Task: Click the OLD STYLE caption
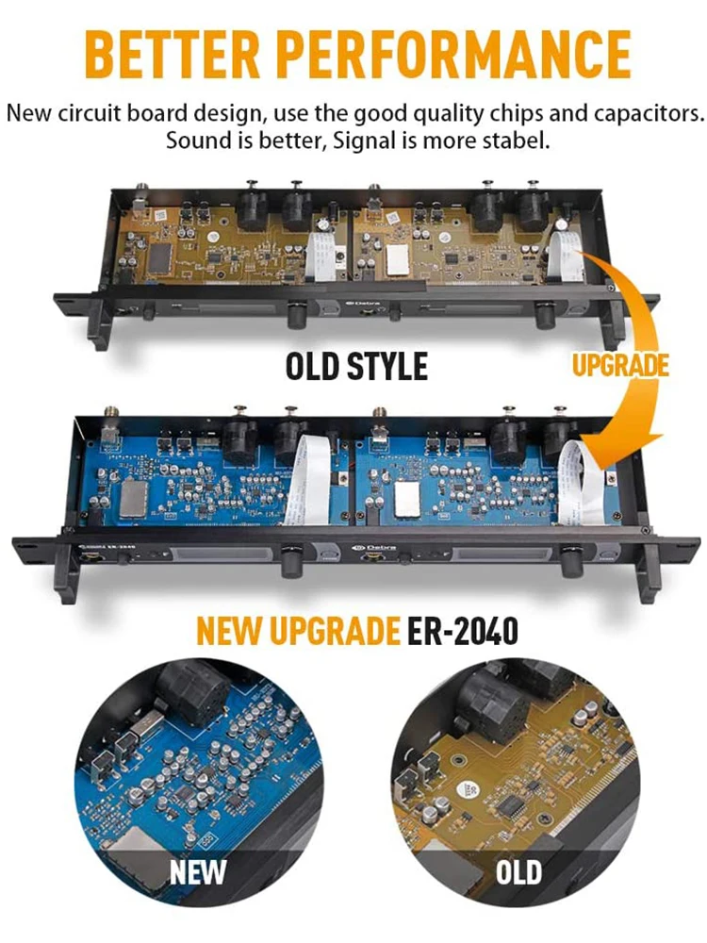356,365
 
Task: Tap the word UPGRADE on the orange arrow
619,365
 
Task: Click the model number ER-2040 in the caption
463,631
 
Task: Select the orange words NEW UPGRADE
298,631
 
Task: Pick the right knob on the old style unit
544,315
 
